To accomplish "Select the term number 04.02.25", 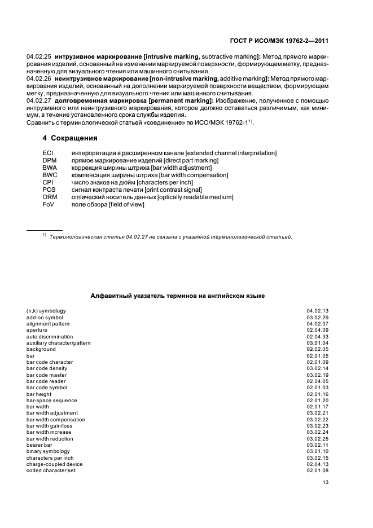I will click(39, 58).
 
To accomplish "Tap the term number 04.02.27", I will click(39, 100).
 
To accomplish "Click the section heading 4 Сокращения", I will click(70, 138).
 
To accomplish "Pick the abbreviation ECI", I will click(47, 153).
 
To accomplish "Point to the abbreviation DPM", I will click(49, 161).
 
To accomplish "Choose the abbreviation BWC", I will click(50, 175).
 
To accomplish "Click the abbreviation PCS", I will click(49, 190).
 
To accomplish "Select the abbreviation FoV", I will click(49, 204).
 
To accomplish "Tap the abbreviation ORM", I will click(50, 197).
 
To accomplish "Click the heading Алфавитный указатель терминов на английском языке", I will click(178, 296).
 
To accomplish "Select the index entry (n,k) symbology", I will click(46, 311).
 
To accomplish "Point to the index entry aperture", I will click(37, 330).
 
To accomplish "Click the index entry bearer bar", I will click(40, 445).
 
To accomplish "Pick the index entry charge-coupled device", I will click(54, 464).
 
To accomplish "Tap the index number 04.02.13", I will click(318, 311).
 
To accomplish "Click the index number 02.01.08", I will click(318, 470).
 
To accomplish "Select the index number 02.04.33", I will click(318, 336).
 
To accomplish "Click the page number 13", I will click(325, 482).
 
